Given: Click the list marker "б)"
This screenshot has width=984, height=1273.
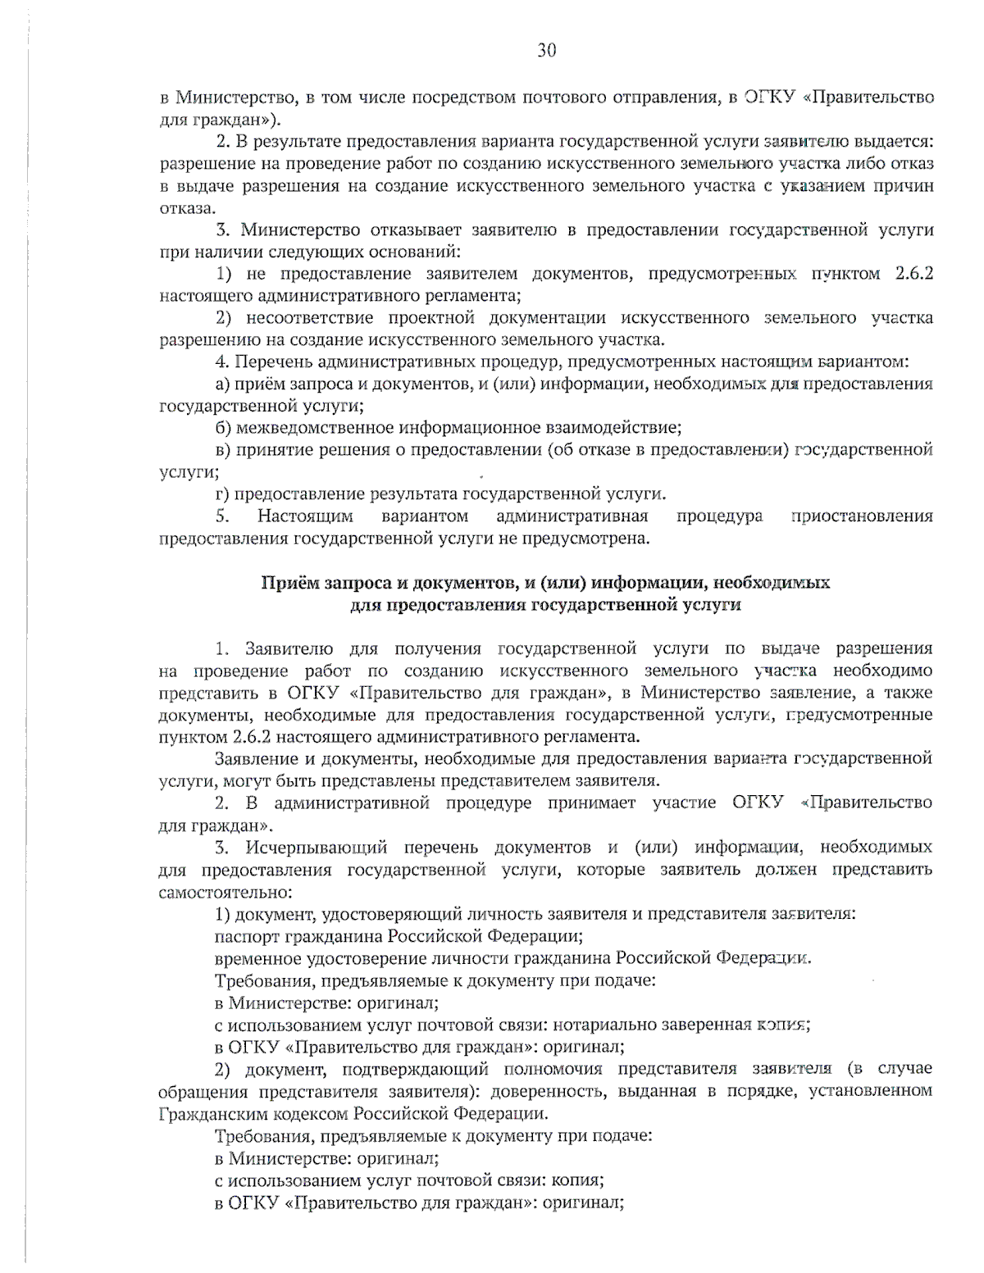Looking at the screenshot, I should (223, 428).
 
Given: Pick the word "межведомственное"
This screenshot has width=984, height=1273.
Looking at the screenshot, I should (314, 428).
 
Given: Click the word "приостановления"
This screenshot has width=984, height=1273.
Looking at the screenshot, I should (862, 516).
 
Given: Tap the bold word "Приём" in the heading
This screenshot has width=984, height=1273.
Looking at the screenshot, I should (289, 583).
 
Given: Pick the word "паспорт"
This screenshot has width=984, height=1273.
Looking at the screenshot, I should (246, 935).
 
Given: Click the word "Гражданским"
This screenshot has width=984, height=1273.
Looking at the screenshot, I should (207, 1113).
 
